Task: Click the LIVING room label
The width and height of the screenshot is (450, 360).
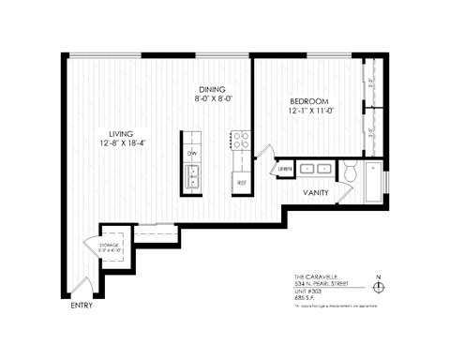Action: [x=122, y=132]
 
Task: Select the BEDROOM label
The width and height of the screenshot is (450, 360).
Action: [x=308, y=100]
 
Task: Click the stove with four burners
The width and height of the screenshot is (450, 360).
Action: [x=240, y=141]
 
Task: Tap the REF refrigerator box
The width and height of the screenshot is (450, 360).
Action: [x=241, y=182]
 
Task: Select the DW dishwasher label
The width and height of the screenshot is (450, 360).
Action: [x=192, y=153]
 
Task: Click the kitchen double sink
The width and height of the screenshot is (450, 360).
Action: [x=193, y=175]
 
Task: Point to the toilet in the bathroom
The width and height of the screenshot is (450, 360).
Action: [x=350, y=172]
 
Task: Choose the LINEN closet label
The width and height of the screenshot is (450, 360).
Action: [x=285, y=169]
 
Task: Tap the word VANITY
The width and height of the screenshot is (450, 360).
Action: [x=314, y=192]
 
